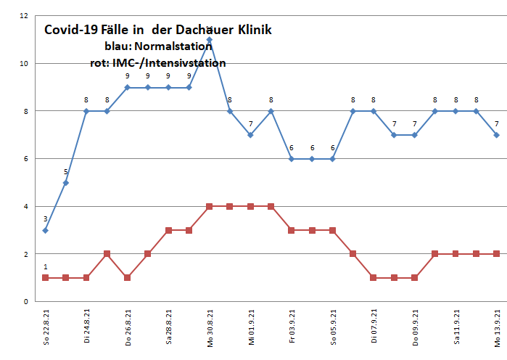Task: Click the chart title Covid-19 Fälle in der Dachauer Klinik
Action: pos(157,30)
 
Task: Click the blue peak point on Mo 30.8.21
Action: pos(209,40)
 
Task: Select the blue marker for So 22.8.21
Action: pos(45,230)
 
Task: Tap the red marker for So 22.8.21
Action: pos(45,278)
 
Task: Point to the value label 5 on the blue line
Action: pos(66,172)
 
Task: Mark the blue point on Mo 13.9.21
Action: pos(497,135)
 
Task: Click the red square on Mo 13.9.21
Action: pos(497,254)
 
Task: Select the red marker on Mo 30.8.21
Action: pos(209,206)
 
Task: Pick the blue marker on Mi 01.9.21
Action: pos(250,135)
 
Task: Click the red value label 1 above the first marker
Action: pos(45,267)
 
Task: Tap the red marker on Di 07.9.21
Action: pos(374,278)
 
